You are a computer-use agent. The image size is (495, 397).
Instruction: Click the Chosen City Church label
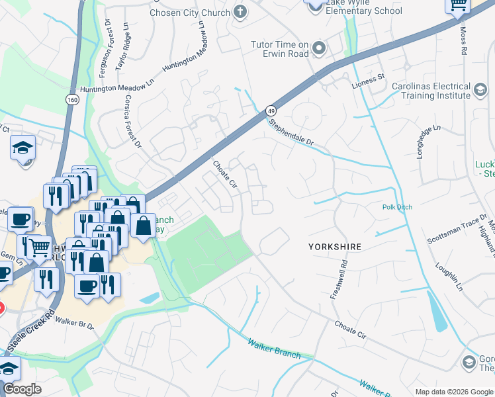[x=189, y=12]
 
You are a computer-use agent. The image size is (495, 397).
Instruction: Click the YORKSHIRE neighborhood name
[x=335, y=247]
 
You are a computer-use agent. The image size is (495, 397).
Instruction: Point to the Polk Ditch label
[x=397, y=207]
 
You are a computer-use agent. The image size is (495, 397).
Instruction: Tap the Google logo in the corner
[x=22, y=389]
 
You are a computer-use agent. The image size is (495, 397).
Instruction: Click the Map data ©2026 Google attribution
[x=453, y=392]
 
